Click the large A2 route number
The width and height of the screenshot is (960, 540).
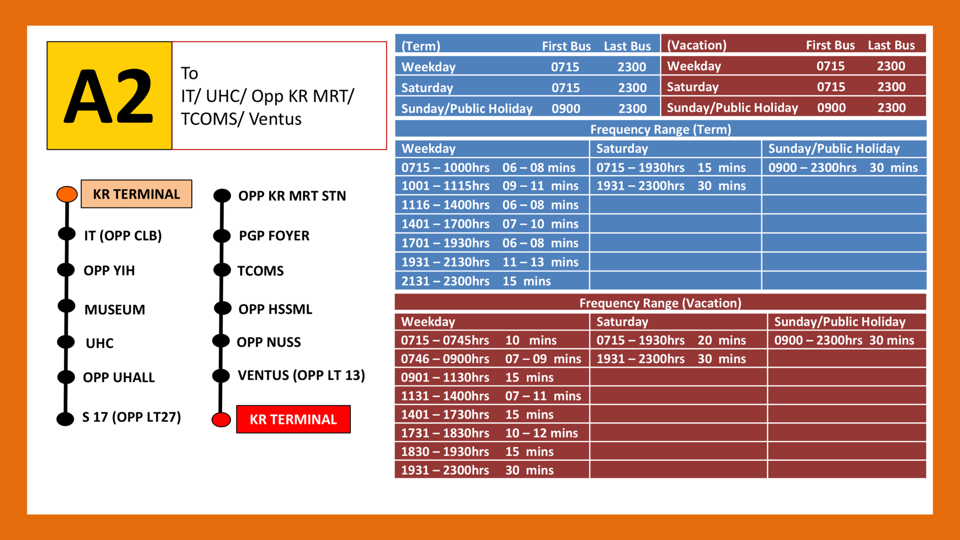click(x=109, y=96)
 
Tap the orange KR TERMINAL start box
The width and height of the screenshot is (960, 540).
click(x=136, y=194)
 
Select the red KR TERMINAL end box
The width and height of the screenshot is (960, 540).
click(x=293, y=419)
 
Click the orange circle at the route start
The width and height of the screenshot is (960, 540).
click(x=67, y=194)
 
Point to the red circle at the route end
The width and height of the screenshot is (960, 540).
click(x=221, y=420)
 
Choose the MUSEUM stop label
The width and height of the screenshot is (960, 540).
click(x=115, y=309)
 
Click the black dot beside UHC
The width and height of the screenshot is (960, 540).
click(x=66, y=342)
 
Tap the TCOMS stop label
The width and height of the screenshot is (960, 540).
click(x=261, y=270)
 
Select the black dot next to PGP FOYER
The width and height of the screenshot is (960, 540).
click(x=222, y=235)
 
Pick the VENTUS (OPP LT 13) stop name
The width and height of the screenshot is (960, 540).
click(x=301, y=375)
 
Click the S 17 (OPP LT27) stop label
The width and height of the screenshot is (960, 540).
click(x=132, y=417)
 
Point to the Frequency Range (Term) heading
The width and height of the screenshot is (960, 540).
click(x=660, y=129)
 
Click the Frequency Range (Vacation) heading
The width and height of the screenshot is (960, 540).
click(x=660, y=303)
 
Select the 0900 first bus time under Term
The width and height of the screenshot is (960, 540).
click(x=566, y=109)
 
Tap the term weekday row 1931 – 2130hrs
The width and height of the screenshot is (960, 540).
click(x=445, y=262)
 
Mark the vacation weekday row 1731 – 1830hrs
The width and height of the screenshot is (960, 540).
click(x=445, y=433)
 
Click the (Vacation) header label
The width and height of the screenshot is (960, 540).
click(x=697, y=45)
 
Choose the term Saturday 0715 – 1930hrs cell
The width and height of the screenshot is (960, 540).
click(x=640, y=167)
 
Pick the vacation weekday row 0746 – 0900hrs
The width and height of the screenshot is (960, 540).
click(x=445, y=359)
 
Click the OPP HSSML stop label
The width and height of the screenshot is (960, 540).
click(x=275, y=309)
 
